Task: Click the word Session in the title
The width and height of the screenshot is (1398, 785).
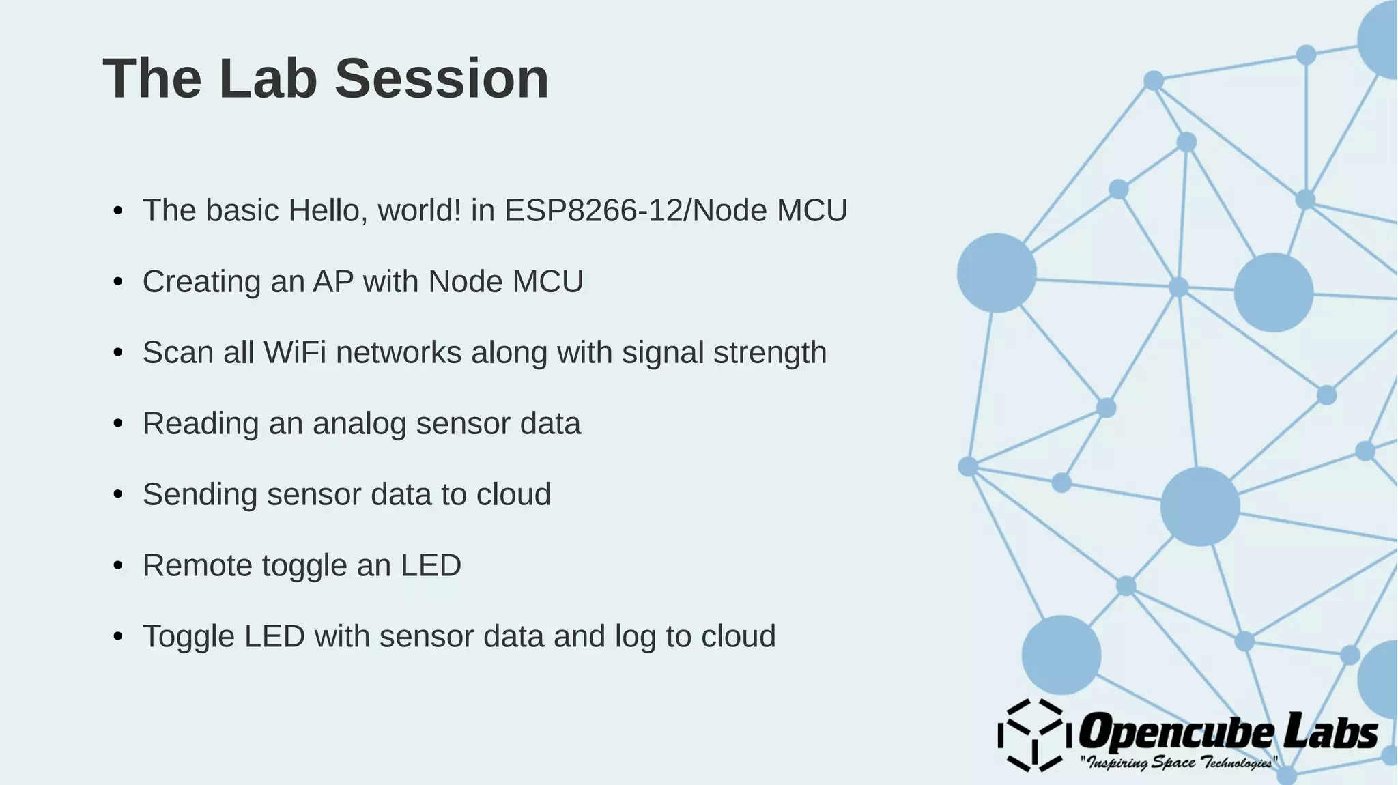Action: [x=442, y=79]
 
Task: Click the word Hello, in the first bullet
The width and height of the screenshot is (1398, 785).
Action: [x=328, y=210]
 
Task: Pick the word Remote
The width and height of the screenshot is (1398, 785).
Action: [x=197, y=566]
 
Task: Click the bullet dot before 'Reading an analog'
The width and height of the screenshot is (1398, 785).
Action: [x=118, y=424]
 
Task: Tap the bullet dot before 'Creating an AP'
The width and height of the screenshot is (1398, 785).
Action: [x=118, y=282]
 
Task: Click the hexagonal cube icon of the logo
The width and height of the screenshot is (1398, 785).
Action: [x=1031, y=735]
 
